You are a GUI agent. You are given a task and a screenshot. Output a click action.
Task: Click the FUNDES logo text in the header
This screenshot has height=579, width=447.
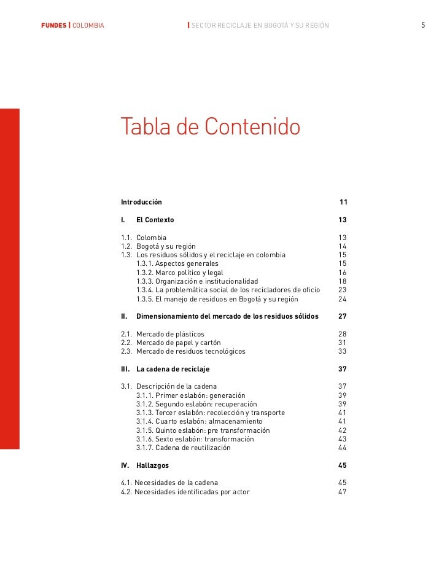click(53, 25)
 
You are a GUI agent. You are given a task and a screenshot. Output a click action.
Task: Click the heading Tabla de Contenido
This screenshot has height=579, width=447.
click(211, 126)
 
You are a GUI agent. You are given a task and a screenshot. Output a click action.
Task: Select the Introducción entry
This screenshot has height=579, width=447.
click(141, 202)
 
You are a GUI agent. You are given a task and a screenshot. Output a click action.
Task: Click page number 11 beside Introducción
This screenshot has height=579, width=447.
click(343, 202)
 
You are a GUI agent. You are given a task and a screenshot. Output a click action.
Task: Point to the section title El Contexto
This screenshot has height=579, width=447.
click(155, 220)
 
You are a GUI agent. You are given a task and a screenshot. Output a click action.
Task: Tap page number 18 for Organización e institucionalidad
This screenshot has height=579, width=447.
click(343, 281)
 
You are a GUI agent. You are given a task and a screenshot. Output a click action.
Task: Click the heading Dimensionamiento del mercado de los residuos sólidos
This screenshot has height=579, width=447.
click(227, 317)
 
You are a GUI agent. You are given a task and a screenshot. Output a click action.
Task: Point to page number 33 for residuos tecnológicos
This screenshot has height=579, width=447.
click(343, 351)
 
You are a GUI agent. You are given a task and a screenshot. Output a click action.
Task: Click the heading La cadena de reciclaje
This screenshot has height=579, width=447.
click(173, 369)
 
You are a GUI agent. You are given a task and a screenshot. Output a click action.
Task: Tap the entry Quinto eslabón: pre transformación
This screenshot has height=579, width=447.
click(203, 430)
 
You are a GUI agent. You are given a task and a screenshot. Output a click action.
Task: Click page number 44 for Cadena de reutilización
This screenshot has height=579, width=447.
click(343, 448)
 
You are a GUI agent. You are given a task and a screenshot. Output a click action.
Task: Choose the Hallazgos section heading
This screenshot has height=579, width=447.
click(152, 465)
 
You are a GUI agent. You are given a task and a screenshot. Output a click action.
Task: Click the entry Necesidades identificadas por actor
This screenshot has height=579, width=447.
click(185, 492)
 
